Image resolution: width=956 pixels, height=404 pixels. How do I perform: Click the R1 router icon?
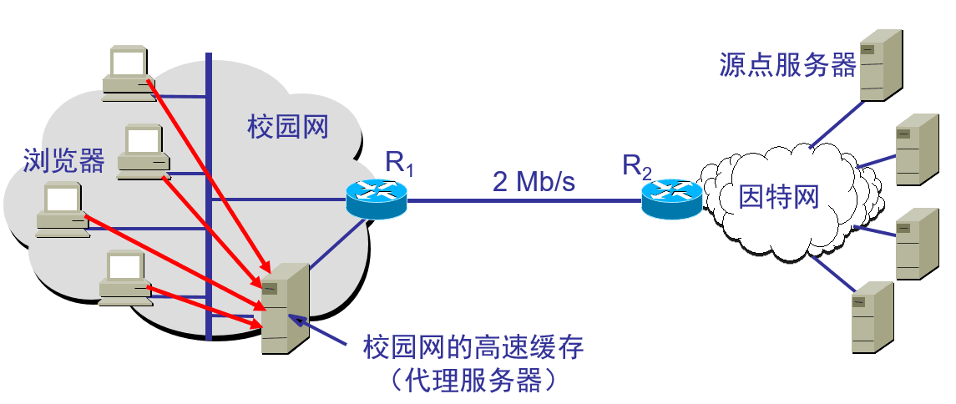click(377, 199)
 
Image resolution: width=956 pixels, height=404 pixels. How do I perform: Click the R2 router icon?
click(672, 199)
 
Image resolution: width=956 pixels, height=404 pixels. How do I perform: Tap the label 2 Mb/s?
click(534, 181)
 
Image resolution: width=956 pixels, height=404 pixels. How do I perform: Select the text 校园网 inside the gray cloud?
click(287, 128)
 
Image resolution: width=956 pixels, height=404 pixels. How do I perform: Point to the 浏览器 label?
click(63, 160)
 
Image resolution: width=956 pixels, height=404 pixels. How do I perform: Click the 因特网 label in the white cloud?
click(779, 197)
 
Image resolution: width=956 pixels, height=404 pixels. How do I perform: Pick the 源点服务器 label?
click(787, 64)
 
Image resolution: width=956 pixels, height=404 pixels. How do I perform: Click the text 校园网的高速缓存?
click(473, 349)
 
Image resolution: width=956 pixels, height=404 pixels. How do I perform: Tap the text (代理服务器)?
click(473, 381)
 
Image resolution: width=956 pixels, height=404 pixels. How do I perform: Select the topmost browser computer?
click(128, 73)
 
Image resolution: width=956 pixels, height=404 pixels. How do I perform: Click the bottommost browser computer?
click(126, 278)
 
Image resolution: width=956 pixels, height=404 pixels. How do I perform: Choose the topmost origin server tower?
click(880, 64)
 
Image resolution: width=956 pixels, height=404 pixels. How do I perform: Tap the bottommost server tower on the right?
click(872, 317)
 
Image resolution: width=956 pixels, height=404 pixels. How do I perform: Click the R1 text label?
click(399, 164)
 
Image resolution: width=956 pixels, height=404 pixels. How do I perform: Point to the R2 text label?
click(637, 165)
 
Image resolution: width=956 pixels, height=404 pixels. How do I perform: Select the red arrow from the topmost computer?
click(208, 175)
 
